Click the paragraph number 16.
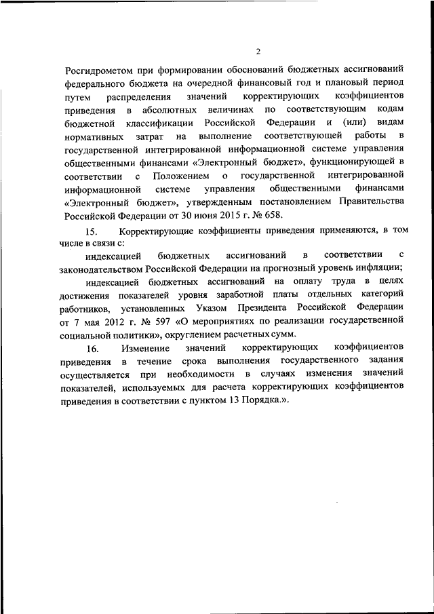(94, 348)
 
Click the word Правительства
(367, 203)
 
